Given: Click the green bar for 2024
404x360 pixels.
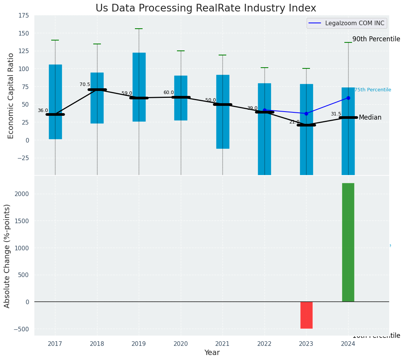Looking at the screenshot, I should [x=348, y=242].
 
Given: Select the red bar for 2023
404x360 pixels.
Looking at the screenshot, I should [x=306, y=315].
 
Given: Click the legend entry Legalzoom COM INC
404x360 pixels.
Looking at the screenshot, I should [x=354, y=23].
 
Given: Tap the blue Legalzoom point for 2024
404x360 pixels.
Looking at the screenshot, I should [x=348, y=98].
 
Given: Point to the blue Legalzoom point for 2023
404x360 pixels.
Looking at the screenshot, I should [x=306, y=114].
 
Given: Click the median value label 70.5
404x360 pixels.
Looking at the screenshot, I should [x=85, y=84].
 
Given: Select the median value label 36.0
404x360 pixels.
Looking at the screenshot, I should [x=43, y=110].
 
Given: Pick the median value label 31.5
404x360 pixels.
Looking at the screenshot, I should [x=336, y=114].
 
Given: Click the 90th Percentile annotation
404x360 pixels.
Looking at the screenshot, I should [x=376, y=39].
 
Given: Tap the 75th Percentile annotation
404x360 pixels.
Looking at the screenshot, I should [x=373, y=90].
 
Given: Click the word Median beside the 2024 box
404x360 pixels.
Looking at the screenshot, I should [x=370, y=117].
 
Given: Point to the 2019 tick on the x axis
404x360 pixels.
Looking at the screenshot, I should [x=139, y=344].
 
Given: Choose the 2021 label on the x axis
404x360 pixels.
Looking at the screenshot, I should [x=222, y=344].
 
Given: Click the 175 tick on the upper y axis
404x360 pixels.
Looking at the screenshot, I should [x=23, y=15].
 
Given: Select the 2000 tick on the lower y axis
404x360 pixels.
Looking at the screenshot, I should [x=22, y=194].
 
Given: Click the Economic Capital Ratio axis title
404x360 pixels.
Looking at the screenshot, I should [x=11, y=96].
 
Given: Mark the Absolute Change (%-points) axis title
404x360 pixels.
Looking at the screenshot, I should [x=7, y=256].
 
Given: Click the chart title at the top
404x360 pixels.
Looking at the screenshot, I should [x=206, y=8].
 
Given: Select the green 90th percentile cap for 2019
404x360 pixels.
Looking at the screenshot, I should [x=139, y=29].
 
